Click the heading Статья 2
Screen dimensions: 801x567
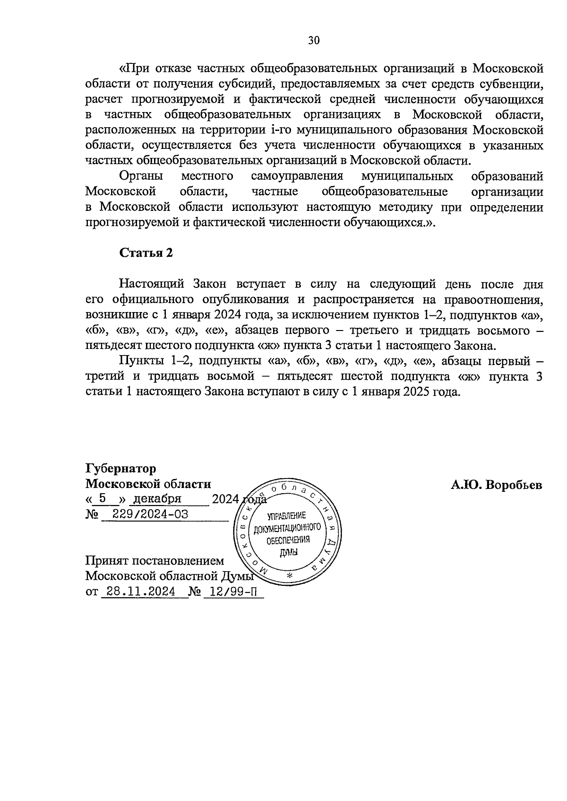(146, 253)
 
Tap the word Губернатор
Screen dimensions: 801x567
(120, 469)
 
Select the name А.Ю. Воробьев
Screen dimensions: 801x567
(497, 485)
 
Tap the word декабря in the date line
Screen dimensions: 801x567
(158, 499)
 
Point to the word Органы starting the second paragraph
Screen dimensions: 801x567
(141, 176)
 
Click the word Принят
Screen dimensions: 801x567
(105, 561)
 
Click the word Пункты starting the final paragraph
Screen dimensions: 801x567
(139, 361)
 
